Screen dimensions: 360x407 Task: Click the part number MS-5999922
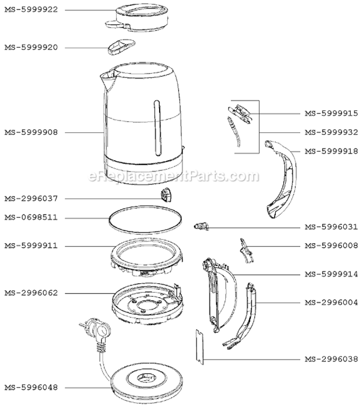tap(31, 10)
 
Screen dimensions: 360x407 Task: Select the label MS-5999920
tap(31, 48)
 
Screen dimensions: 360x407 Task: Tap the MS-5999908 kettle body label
tap(31, 132)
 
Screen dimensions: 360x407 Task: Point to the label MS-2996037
tap(31, 199)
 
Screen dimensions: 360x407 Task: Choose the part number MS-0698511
tap(31, 218)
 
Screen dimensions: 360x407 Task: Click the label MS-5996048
tap(31, 387)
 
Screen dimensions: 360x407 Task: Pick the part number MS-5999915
tap(331, 113)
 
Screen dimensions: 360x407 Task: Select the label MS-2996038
tap(331, 359)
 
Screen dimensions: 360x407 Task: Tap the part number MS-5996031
tap(331, 227)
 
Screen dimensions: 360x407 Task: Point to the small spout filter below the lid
tap(121, 47)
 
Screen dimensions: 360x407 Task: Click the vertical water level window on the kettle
tap(157, 128)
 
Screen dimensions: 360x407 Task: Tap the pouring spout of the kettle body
tap(108, 80)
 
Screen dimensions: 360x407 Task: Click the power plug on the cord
tap(97, 334)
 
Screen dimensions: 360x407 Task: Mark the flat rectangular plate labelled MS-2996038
tap(200, 347)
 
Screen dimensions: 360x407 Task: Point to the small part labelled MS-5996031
tap(201, 226)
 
